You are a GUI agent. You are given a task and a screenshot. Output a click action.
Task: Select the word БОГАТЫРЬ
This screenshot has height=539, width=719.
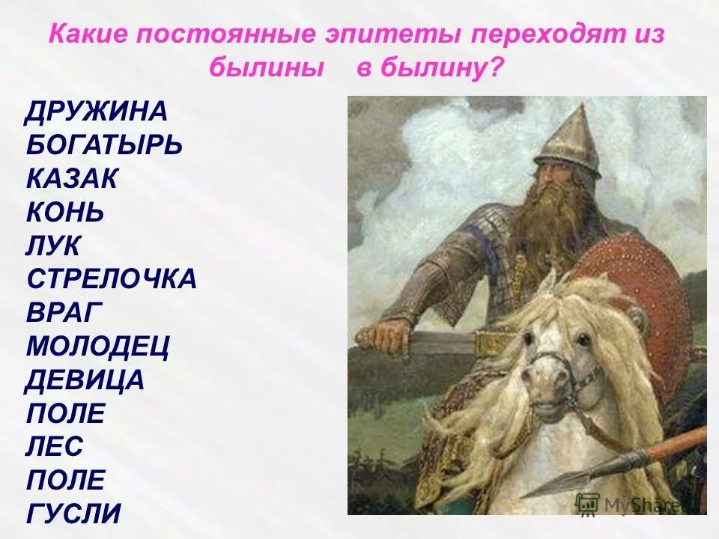[x=104, y=145]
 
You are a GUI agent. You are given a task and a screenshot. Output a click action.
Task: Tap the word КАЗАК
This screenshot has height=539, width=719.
[x=72, y=179]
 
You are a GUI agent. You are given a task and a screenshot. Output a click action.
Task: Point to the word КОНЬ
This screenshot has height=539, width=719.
[x=65, y=212]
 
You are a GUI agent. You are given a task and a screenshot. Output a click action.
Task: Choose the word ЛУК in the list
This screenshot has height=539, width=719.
[x=54, y=246]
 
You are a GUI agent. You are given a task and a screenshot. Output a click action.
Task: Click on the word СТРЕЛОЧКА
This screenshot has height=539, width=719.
[x=112, y=279]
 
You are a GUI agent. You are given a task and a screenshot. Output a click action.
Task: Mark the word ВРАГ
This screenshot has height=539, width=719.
[x=65, y=313]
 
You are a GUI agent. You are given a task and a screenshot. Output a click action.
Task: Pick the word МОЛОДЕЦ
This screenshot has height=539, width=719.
[x=98, y=347]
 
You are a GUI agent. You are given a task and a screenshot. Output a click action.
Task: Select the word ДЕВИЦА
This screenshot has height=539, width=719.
[x=85, y=380]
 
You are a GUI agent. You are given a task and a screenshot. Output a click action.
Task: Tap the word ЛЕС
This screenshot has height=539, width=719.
[x=55, y=447]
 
